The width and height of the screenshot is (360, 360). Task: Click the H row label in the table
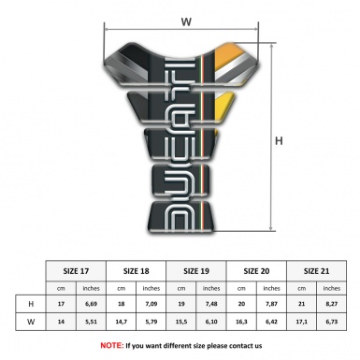(x=31, y=305)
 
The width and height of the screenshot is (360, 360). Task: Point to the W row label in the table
(x=31, y=321)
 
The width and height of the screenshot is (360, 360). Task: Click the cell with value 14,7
(x=122, y=321)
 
